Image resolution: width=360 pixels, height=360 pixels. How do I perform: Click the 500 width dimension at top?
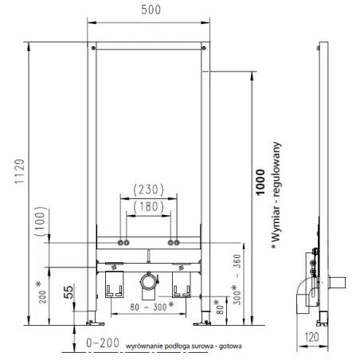click(151, 10)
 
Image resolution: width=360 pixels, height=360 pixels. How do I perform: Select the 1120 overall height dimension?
click(20, 171)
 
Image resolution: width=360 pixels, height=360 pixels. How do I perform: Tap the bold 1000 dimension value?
click(260, 182)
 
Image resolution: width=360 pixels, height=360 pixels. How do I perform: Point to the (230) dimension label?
click(148, 190)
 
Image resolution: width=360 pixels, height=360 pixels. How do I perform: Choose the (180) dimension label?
click(148, 207)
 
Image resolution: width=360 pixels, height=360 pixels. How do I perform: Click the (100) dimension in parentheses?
click(41, 221)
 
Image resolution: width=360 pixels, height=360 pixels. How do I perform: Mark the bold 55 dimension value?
click(68, 292)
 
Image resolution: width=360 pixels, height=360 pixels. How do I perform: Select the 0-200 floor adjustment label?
click(103, 343)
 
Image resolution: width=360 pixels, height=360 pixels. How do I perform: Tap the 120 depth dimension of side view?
click(311, 338)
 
